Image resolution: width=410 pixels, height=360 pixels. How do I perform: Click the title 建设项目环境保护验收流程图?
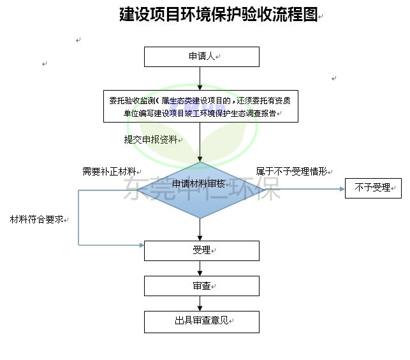pos(218,15)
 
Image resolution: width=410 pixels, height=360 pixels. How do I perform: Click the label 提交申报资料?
pos(150,140)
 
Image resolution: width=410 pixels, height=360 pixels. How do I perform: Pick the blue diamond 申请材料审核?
pos(201,190)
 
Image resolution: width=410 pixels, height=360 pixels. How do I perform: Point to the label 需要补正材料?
pos(109,172)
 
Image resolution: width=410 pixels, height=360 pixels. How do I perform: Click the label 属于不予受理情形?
pos(291,172)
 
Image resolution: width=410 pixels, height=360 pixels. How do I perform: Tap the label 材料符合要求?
pos(36,220)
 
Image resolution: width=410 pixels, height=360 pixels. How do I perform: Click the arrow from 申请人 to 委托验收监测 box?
pos(200,79)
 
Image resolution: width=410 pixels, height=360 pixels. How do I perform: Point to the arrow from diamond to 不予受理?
pos(305,189)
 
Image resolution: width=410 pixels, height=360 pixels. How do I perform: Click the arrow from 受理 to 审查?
pos(200,268)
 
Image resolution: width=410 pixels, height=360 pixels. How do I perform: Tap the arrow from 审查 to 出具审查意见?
pos(200,304)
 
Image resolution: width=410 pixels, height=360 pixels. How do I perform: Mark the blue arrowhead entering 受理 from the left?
pos(142,245)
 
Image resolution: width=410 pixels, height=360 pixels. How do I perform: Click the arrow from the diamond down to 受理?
pos(200,230)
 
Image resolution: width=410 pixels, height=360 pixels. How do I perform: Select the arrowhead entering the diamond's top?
pos(200,159)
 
